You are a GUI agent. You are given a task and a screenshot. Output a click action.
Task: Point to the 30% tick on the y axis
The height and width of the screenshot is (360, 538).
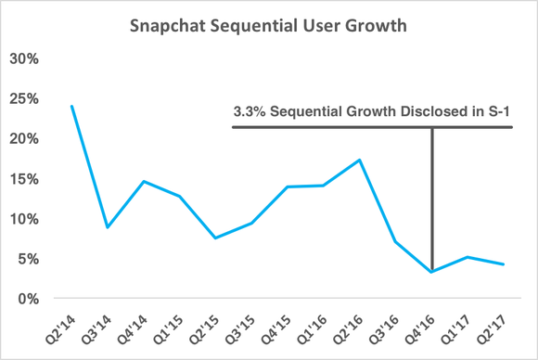(25, 58)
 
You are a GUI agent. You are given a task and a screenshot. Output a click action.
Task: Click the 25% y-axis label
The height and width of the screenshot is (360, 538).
(25, 98)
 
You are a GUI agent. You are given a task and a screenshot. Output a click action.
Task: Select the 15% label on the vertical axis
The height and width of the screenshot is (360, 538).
(25, 179)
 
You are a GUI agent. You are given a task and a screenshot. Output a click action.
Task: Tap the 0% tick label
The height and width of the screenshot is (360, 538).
(29, 299)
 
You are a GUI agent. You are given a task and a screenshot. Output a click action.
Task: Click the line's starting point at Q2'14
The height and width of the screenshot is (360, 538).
(71, 106)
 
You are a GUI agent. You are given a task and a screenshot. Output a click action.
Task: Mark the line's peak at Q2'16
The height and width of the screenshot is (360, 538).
(359, 160)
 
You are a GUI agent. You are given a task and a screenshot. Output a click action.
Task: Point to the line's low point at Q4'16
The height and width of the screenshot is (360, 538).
(432, 272)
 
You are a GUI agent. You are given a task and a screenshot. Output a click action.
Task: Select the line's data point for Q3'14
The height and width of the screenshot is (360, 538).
(108, 227)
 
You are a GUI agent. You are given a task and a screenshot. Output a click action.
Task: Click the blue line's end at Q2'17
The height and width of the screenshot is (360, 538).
(504, 264)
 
